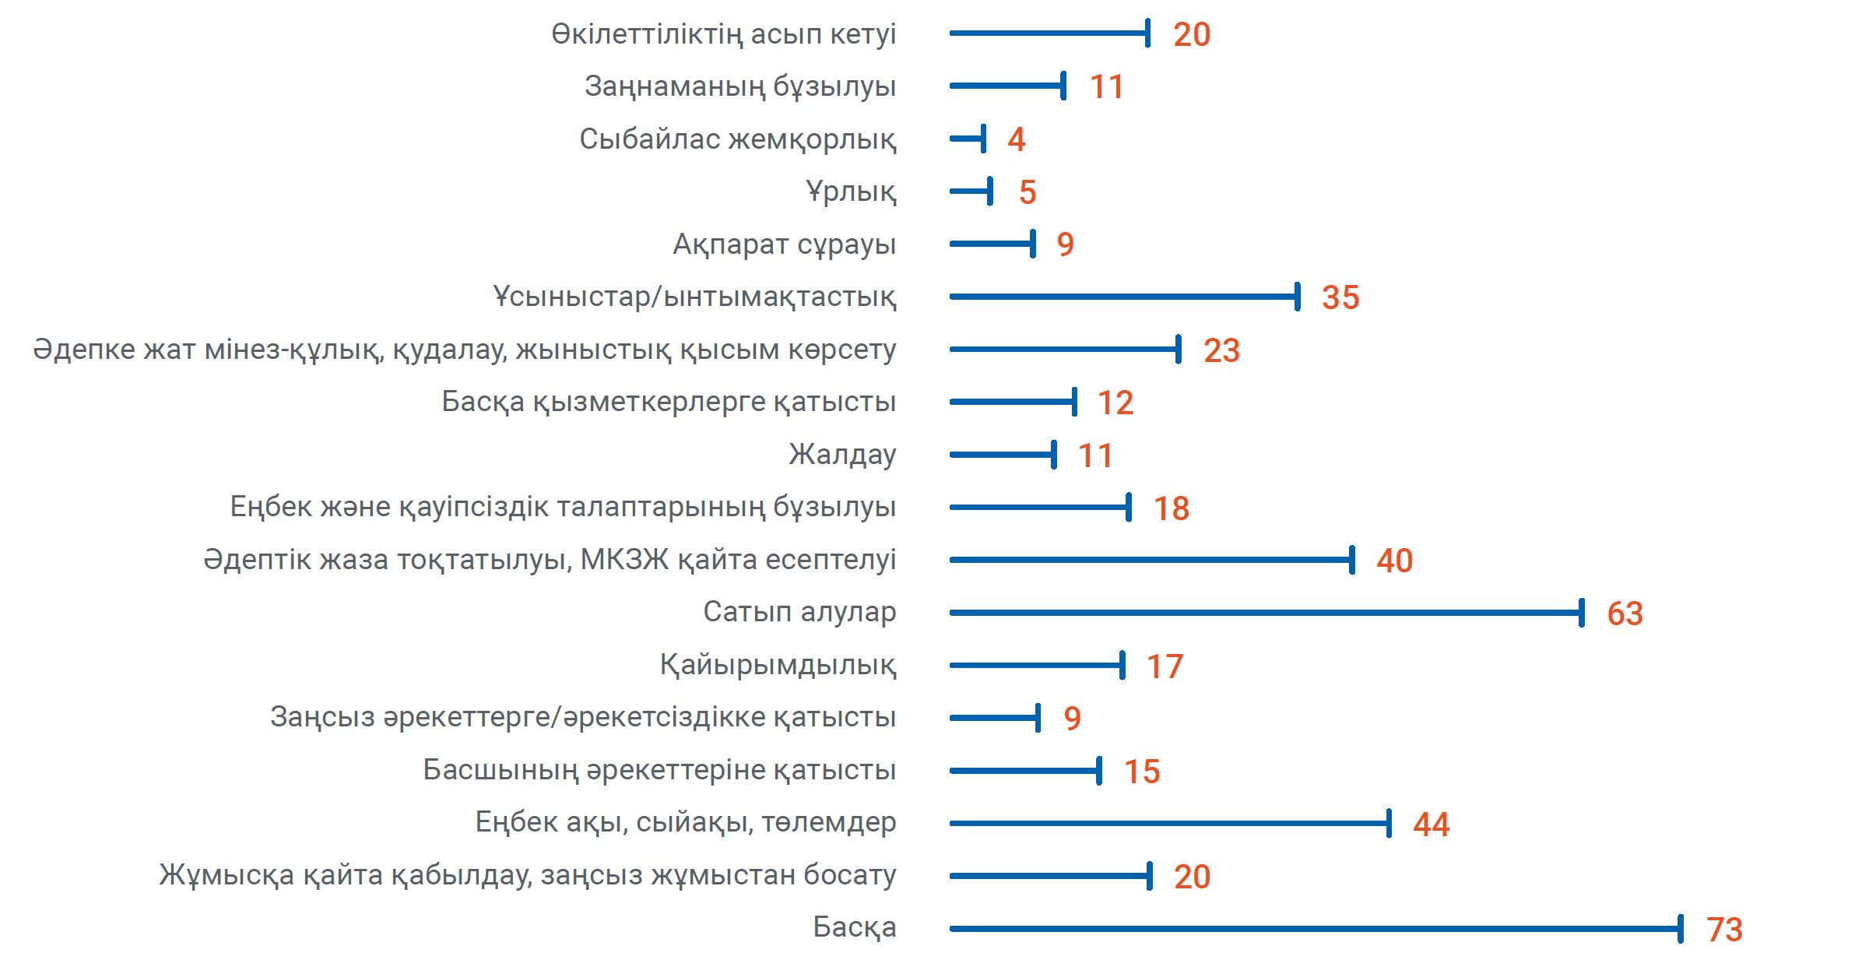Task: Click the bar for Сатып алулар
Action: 1265,613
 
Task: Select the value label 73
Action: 1724,930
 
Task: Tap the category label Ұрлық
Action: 851,192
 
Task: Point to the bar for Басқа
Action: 1316,928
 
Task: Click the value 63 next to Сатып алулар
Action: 1625,614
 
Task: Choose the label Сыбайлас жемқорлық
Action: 737,139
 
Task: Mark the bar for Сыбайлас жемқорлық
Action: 967,139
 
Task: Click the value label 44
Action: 1431,825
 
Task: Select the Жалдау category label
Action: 842,454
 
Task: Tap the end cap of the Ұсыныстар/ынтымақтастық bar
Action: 1297,297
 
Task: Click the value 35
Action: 1340,297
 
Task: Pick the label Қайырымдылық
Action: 778,665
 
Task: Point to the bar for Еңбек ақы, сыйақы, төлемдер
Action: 1169,823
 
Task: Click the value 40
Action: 1394,561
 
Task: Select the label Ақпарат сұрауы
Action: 784,244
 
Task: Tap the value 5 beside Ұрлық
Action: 1028,192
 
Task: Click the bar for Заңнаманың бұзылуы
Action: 1007,86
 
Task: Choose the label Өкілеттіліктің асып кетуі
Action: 723,34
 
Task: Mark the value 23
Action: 1221,350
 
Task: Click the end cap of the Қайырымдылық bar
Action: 1122,665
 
